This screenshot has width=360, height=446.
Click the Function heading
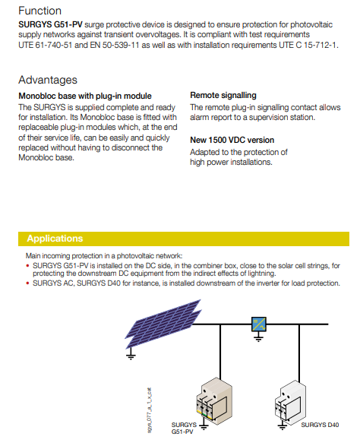(39, 11)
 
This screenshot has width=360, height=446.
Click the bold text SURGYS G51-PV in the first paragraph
(50, 25)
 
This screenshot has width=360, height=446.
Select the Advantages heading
(48, 80)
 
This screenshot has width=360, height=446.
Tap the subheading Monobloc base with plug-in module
(85, 96)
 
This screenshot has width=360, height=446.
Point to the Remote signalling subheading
(223, 95)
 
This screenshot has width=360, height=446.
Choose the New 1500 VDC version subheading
(232, 140)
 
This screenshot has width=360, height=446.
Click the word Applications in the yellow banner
(55, 239)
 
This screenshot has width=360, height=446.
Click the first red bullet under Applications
(27, 266)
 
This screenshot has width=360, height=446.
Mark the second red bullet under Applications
(27, 283)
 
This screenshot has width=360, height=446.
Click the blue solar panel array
(163, 324)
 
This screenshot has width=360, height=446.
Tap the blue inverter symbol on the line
(259, 324)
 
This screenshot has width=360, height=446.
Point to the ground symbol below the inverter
(258, 337)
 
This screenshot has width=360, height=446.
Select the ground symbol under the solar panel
(131, 355)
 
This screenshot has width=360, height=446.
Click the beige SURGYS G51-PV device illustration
(214, 401)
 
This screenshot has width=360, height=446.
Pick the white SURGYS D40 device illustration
(290, 403)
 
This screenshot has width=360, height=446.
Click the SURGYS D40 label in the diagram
(320, 425)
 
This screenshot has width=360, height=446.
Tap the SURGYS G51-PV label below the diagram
(184, 428)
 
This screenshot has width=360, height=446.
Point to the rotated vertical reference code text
(150, 410)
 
